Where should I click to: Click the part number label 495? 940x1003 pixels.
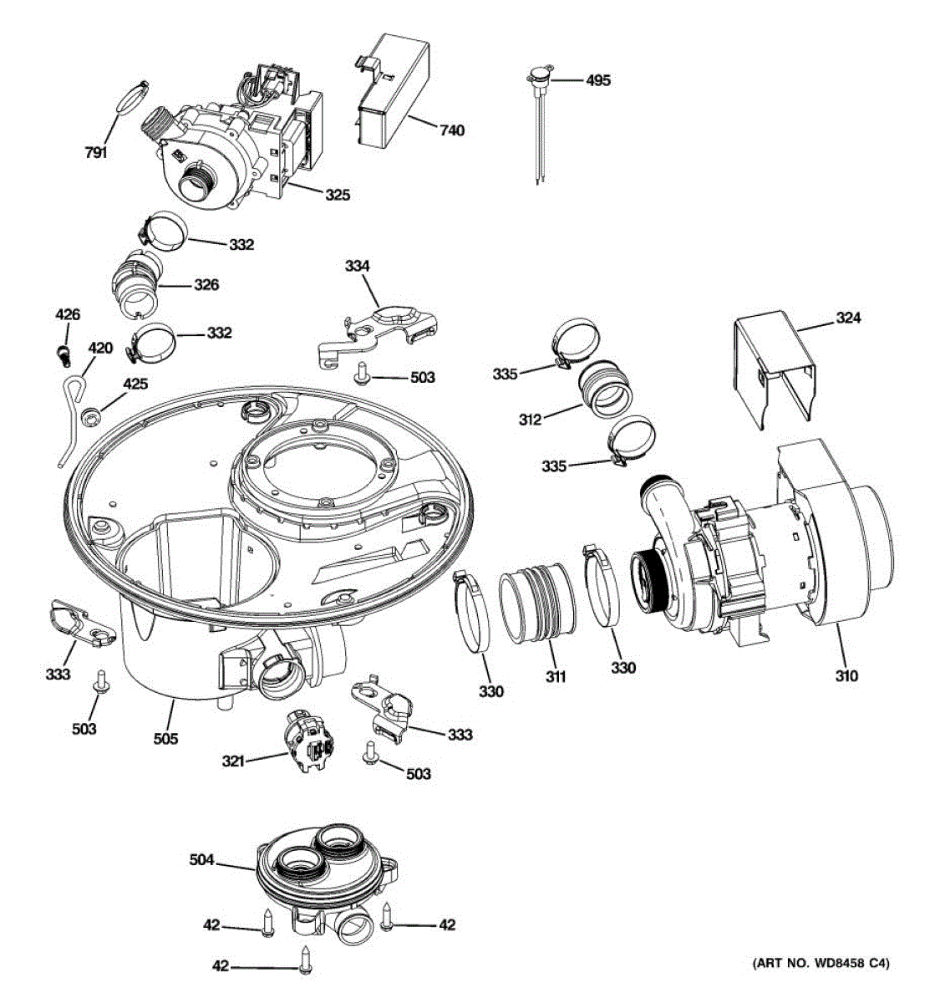598,80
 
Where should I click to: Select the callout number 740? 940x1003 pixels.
451,130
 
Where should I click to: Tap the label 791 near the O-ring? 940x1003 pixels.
96,152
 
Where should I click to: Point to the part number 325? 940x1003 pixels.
338,195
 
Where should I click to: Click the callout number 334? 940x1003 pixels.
357,266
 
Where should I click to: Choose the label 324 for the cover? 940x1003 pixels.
848,318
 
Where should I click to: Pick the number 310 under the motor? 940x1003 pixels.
846,675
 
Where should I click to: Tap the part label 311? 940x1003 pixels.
555,676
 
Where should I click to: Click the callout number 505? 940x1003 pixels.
165,739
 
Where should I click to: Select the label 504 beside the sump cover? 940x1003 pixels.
202,859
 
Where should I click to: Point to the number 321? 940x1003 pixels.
233,761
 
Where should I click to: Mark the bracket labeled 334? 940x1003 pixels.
378,337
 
